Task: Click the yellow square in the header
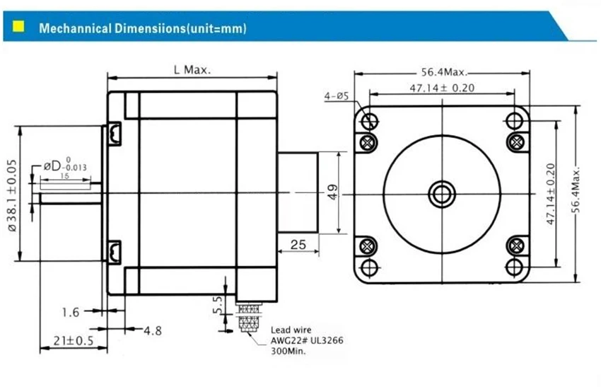point(18,26)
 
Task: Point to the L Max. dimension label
point(192,70)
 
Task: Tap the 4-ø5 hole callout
point(337,96)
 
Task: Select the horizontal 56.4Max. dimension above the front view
point(444,71)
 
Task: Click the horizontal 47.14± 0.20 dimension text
point(442,88)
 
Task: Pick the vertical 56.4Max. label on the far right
point(576,190)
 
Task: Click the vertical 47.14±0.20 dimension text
point(550,194)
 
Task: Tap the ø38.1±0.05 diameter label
point(12,195)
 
